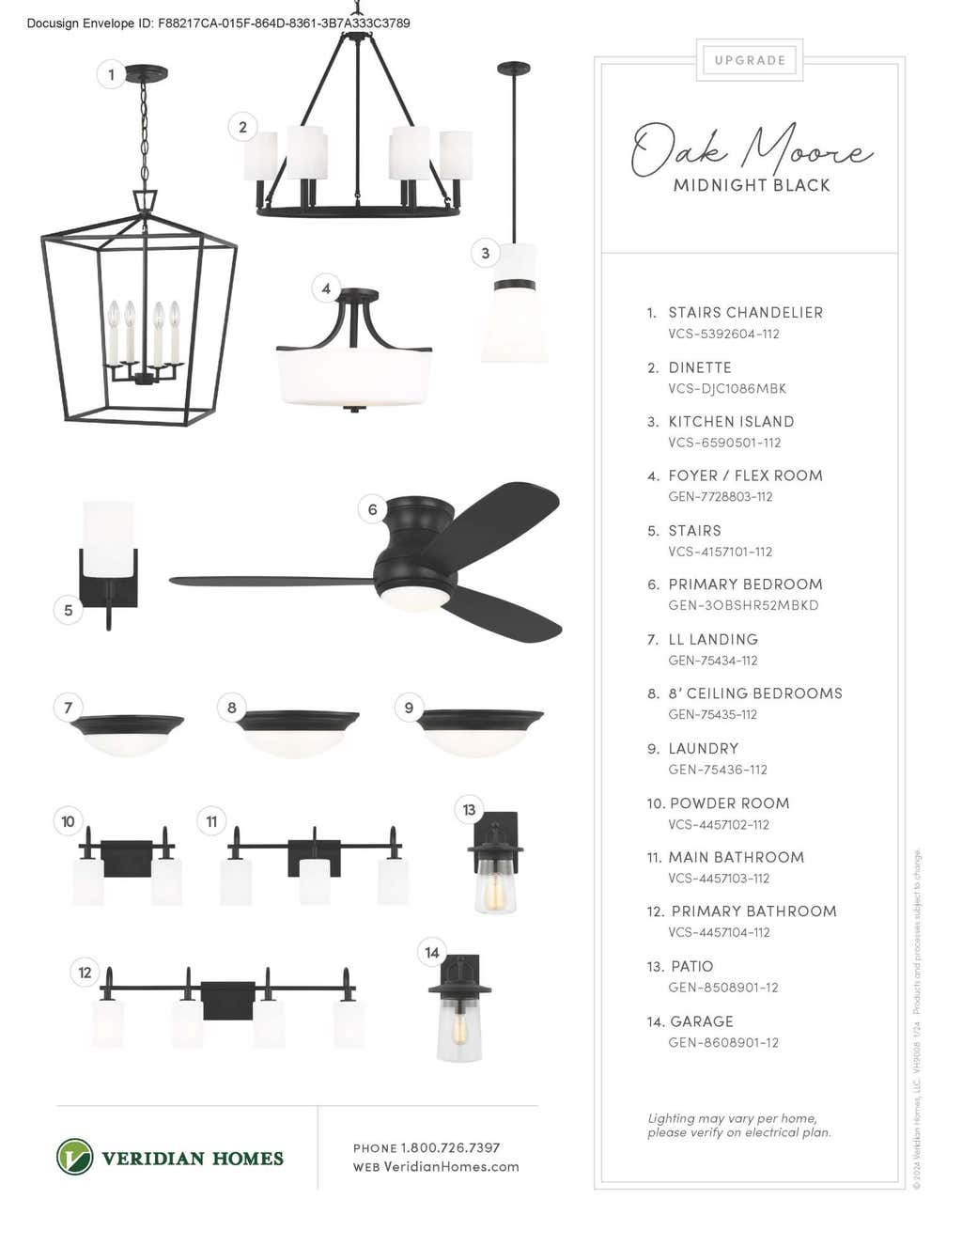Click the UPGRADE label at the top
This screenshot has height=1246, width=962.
(750, 60)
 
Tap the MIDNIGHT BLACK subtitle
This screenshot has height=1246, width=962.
(752, 185)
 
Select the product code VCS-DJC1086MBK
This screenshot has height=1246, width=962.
(727, 389)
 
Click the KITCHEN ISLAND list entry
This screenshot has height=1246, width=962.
(731, 422)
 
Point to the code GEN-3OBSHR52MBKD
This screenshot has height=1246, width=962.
(743, 605)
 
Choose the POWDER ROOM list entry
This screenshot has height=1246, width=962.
(729, 803)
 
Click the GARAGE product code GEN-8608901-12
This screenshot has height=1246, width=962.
(723, 1042)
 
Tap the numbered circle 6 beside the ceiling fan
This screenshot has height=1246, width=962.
(372, 508)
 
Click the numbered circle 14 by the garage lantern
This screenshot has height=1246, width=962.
(432, 953)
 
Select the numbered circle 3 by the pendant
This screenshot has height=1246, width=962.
(485, 253)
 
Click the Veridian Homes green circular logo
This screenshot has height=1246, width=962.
(74, 1157)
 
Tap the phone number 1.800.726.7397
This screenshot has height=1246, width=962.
(450, 1147)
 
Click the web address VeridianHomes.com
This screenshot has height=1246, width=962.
(451, 1166)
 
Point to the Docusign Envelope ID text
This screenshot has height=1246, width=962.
(219, 23)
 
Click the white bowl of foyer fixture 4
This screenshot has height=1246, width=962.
(354, 377)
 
